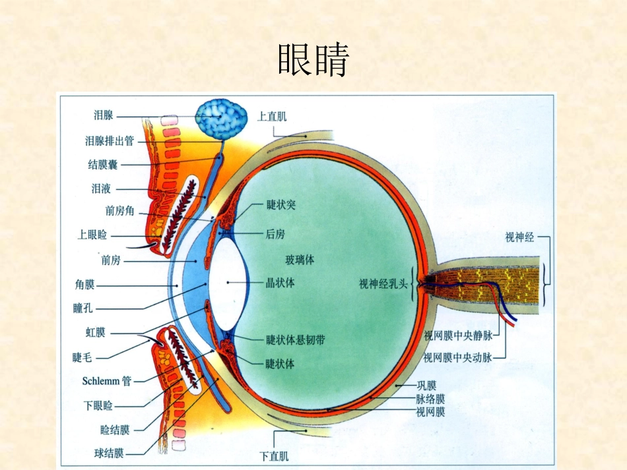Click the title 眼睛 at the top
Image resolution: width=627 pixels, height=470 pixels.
(313, 59)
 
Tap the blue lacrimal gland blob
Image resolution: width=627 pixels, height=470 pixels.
(221, 119)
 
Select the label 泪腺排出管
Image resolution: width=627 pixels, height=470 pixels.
(109, 140)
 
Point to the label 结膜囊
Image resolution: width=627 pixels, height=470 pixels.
(103, 164)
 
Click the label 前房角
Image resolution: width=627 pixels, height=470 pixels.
(119, 211)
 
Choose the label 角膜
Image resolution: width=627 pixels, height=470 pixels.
(84, 284)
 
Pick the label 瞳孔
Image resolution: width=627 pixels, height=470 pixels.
(82, 308)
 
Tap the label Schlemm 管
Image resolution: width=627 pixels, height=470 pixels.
(107, 381)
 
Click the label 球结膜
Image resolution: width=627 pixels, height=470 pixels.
(109, 454)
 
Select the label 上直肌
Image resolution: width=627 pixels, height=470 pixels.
(272, 116)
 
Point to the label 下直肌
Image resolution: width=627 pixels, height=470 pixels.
(274, 455)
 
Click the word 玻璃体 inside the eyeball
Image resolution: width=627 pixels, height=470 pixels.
(300, 260)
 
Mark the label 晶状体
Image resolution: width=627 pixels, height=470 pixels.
(280, 283)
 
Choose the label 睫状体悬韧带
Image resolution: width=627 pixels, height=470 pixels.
(296, 340)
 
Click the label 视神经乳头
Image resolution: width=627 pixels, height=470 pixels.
(383, 283)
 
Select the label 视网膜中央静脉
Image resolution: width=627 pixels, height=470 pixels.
(458, 336)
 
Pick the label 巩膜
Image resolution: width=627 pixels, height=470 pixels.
(426, 386)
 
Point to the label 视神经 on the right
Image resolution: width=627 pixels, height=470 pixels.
(519, 237)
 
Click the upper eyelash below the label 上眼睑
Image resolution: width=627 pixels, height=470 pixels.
(141, 247)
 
